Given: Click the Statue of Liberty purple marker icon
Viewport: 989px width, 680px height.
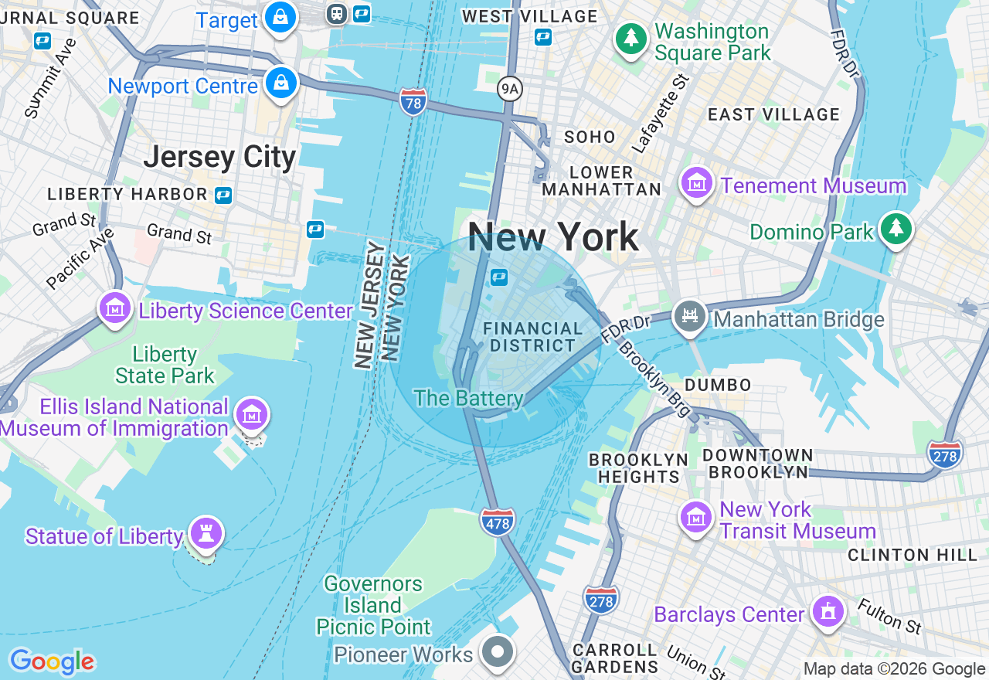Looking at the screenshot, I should tap(206, 533).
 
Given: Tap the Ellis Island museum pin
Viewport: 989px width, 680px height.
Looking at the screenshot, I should tap(251, 415).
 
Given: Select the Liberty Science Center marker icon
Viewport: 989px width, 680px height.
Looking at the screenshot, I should tap(114, 308).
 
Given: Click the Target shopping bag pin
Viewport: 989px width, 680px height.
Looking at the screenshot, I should tap(280, 17).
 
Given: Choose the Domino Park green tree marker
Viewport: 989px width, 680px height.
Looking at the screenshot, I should tap(896, 229).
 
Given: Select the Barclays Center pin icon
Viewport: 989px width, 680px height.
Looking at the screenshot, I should tap(828, 612).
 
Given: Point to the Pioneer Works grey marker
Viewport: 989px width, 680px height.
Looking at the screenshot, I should tap(498, 652).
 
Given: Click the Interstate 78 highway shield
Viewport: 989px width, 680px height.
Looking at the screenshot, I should tap(413, 102).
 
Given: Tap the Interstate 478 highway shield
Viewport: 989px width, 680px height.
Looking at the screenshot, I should tap(498, 522).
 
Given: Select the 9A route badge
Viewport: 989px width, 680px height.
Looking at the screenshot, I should tap(509, 89).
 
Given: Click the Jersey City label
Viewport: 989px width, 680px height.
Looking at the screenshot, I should tap(220, 157).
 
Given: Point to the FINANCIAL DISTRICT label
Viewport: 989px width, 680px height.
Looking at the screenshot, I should tap(533, 337).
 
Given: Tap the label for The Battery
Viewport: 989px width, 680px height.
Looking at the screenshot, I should tap(468, 399).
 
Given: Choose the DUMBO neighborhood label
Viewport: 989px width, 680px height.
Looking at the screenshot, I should tap(718, 385).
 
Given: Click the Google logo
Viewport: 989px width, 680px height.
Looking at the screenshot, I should tap(52, 662).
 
